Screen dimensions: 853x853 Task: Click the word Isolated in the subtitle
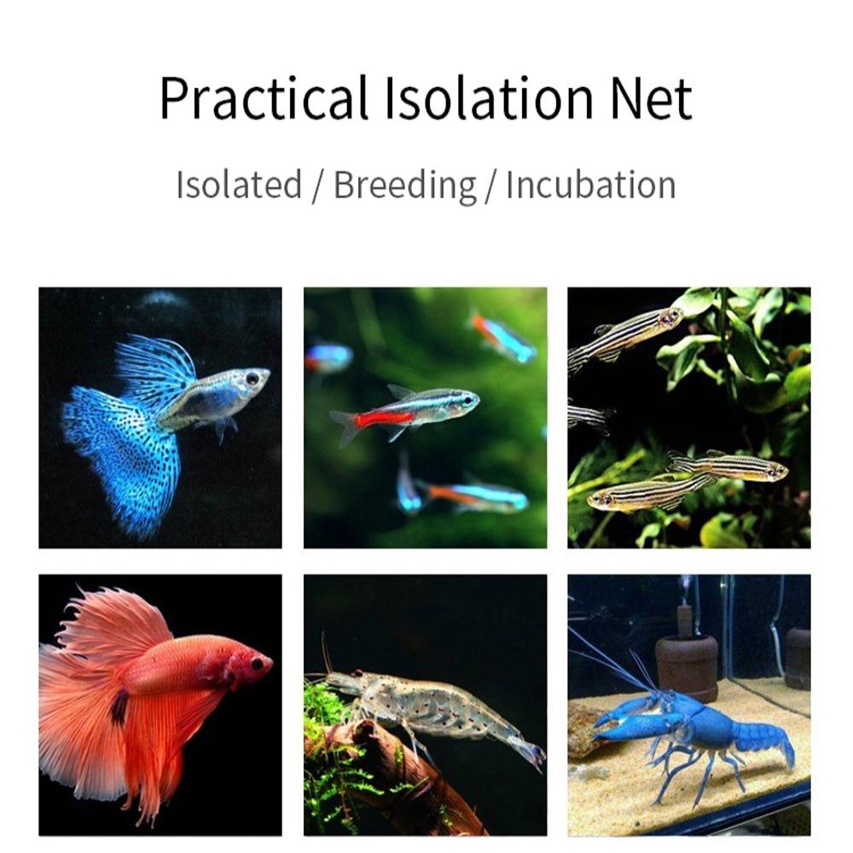239,185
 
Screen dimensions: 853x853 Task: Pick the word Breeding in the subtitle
404,186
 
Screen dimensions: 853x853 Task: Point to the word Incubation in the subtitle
590,185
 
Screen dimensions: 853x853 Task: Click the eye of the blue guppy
252,376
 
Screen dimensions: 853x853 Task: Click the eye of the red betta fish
256,663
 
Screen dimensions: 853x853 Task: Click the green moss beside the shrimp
328,725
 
